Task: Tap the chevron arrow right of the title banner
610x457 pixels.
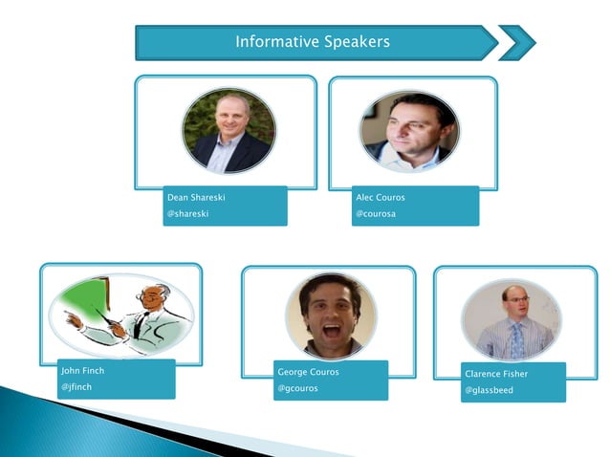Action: click(517, 43)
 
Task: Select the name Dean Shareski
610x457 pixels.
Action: click(196, 197)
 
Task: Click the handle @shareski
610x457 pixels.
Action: click(187, 214)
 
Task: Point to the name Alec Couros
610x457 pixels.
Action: click(381, 197)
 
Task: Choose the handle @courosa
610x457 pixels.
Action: click(376, 214)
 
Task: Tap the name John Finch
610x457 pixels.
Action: click(82, 370)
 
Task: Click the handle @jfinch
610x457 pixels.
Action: click(76, 387)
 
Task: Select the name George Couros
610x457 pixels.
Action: click(308, 371)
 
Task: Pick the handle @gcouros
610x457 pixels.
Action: click(297, 389)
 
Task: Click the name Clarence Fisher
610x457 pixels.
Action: click(495, 373)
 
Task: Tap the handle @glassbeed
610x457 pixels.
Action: click(490, 390)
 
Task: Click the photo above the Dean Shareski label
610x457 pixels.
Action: click(229, 130)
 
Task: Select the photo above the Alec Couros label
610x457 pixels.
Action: click(409, 131)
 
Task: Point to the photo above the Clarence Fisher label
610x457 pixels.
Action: click(512, 319)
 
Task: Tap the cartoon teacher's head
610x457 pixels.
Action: click(153, 296)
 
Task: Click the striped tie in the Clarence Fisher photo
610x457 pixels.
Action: click(517, 339)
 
